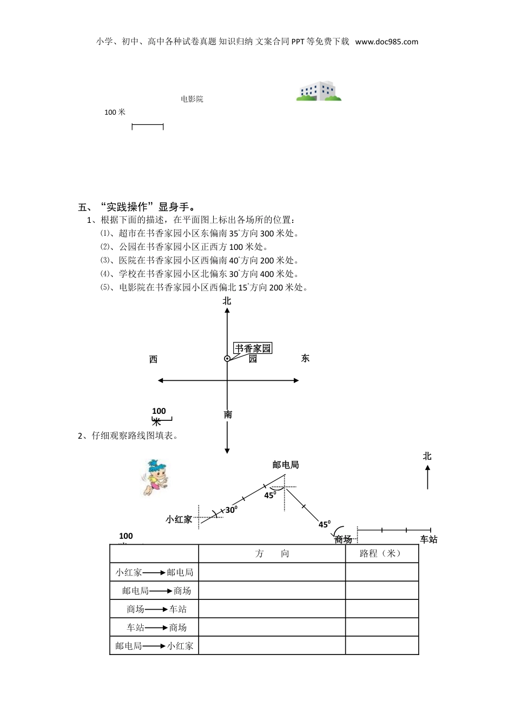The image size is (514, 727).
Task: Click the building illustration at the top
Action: click(x=319, y=91)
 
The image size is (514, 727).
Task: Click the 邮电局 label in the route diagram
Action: click(x=286, y=465)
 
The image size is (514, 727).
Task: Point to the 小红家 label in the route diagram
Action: click(x=179, y=519)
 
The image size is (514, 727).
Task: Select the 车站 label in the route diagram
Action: click(x=429, y=539)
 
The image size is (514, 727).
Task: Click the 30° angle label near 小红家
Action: click(x=231, y=510)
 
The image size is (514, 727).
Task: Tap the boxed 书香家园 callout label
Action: click(x=253, y=348)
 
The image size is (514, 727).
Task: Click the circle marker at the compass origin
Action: click(x=227, y=359)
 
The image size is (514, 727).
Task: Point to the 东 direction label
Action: click(x=305, y=358)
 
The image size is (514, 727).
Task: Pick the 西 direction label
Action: click(x=153, y=359)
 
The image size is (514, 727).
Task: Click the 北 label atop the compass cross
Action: click(x=227, y=301)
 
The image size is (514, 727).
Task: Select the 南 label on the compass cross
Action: click(x=228, y=415)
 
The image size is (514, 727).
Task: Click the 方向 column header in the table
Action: click(x=272, y=553)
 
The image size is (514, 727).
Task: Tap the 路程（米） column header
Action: click(x=381, y=553)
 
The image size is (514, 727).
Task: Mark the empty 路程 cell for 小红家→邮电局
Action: click(x=381, y=572)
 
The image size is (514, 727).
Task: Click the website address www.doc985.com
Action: click(x=387, y=42)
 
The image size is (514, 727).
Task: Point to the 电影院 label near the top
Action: click(x=192, y=99)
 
